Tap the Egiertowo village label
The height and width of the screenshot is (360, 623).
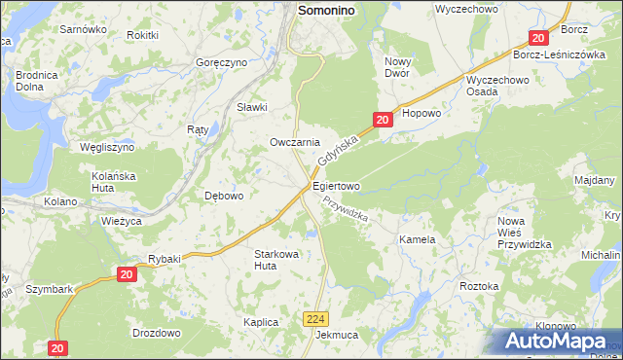[x=336, y=186]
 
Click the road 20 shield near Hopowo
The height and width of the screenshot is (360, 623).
[x=383, y=120]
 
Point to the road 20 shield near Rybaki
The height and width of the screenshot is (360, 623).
[x=127, y=275]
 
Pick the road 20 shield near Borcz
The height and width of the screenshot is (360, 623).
[x=540, y=38]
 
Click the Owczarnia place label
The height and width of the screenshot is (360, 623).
[x=295, y=142]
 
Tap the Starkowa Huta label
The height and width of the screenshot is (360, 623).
[x=275, y=259]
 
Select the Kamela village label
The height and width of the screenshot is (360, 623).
[x=416, y=239]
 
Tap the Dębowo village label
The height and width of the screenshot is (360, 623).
[x=224, y=195]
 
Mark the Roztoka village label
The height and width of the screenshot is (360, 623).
[x=479, y=286]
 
